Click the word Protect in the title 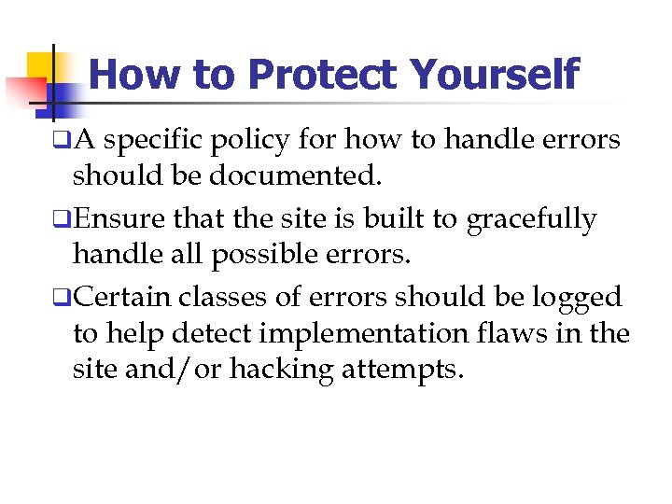tap(298, 75)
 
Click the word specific tap(153, 141)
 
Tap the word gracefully tap(530, 219)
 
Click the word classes tap(220, 298)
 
